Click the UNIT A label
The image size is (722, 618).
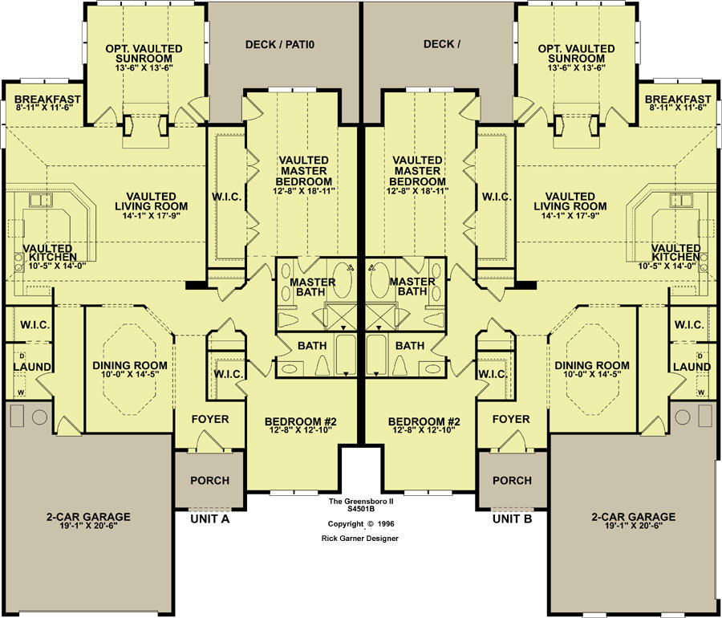click(210, 519)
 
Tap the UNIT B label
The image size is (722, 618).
click(512, 519)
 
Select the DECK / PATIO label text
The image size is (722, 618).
click(280, 45)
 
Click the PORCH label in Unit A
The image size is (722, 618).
click(210, 480)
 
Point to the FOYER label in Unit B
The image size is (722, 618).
click(511, 419)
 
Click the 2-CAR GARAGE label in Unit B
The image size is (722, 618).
click(634, 517)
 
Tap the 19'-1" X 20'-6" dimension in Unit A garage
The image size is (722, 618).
click(88, 526)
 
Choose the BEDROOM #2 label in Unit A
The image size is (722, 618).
click(301, 421)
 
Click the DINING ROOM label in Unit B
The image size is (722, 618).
click(592, 365)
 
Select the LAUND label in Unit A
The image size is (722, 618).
click(32, 367)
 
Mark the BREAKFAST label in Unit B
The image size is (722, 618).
click(678, 99)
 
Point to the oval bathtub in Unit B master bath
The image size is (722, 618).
click(379, 280)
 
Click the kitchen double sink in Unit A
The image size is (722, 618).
click(41, 201)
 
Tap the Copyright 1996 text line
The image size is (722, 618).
click(361, 524)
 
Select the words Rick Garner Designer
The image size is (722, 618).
click(360, 539)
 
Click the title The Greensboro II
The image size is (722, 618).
click(361, 502)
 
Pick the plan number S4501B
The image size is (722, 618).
click(361, 510)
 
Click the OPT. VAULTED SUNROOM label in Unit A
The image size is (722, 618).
click(144, 54)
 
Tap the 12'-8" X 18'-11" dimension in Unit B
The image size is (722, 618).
click(418, 191)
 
